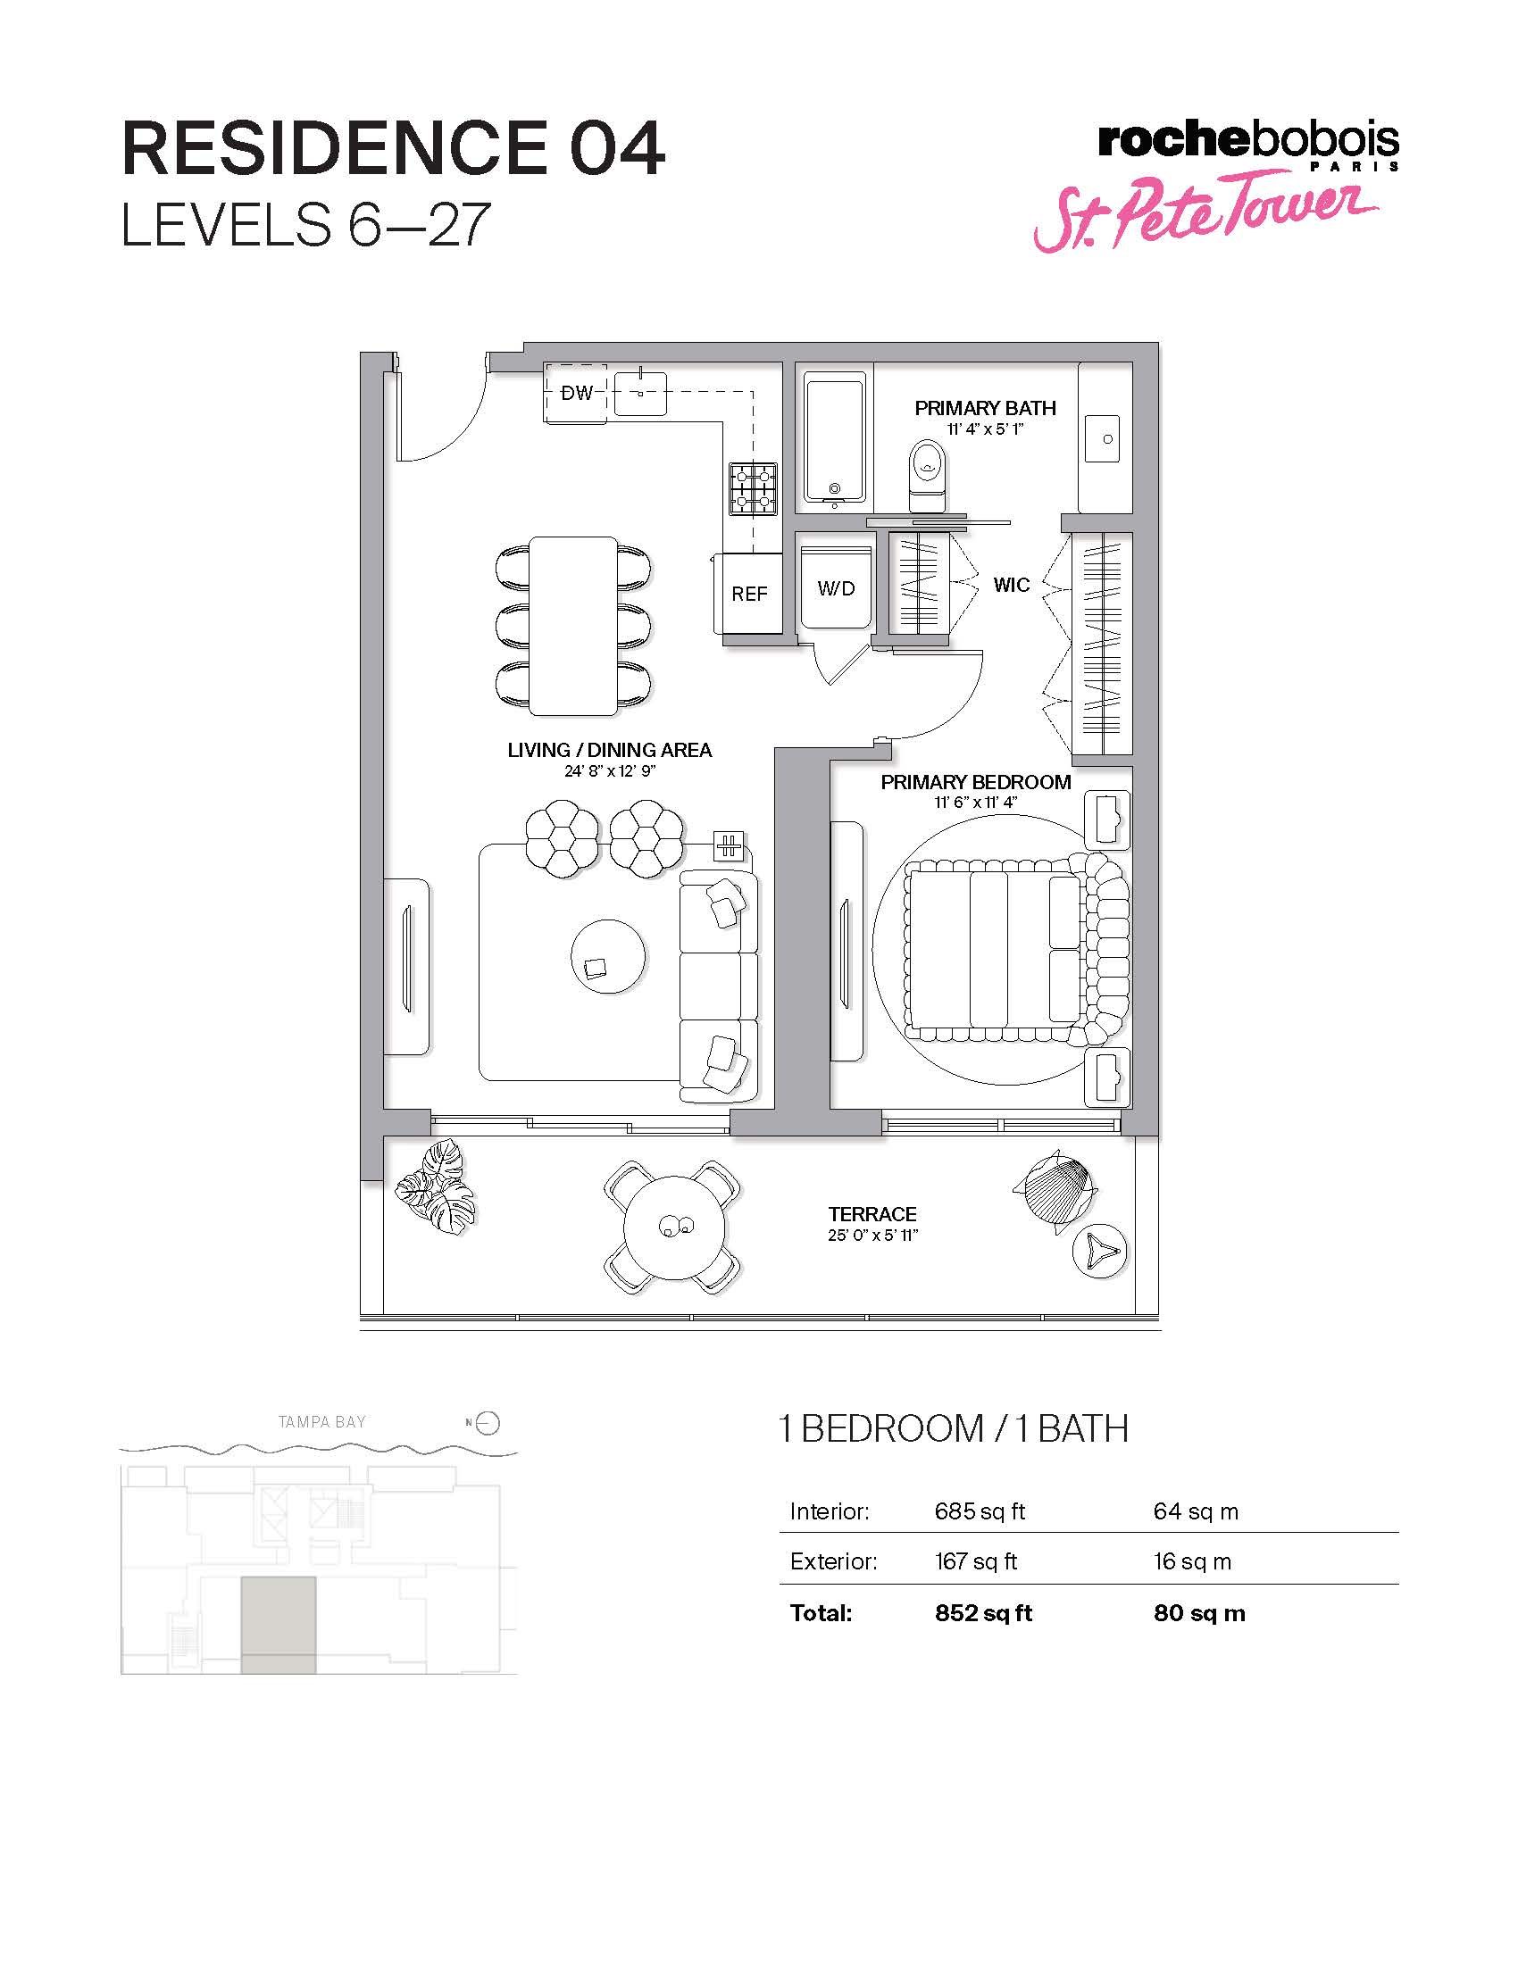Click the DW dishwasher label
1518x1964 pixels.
[577, 393]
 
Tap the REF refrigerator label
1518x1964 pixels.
[749, 595]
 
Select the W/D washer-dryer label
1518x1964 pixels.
[836, 589]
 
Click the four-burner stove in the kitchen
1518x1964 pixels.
[753, 488]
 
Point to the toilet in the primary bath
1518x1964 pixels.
[927, 476]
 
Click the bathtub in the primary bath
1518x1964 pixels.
[836, 440]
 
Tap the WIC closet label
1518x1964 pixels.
[1012, 586]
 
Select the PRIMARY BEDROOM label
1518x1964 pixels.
[976, 782]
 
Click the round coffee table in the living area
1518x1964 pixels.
[608, 955]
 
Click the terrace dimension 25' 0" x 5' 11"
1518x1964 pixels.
[873, 1236]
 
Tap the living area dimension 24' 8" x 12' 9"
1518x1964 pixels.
[609, 770]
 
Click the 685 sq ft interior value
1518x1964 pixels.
[980, 1511]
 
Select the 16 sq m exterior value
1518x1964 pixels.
[1192, 1562]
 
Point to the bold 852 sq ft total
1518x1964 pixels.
[984, 1613]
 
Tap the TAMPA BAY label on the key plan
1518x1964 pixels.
[322, 1422]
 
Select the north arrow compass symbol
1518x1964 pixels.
[484, 1424]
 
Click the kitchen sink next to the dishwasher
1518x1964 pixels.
[640, 394]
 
